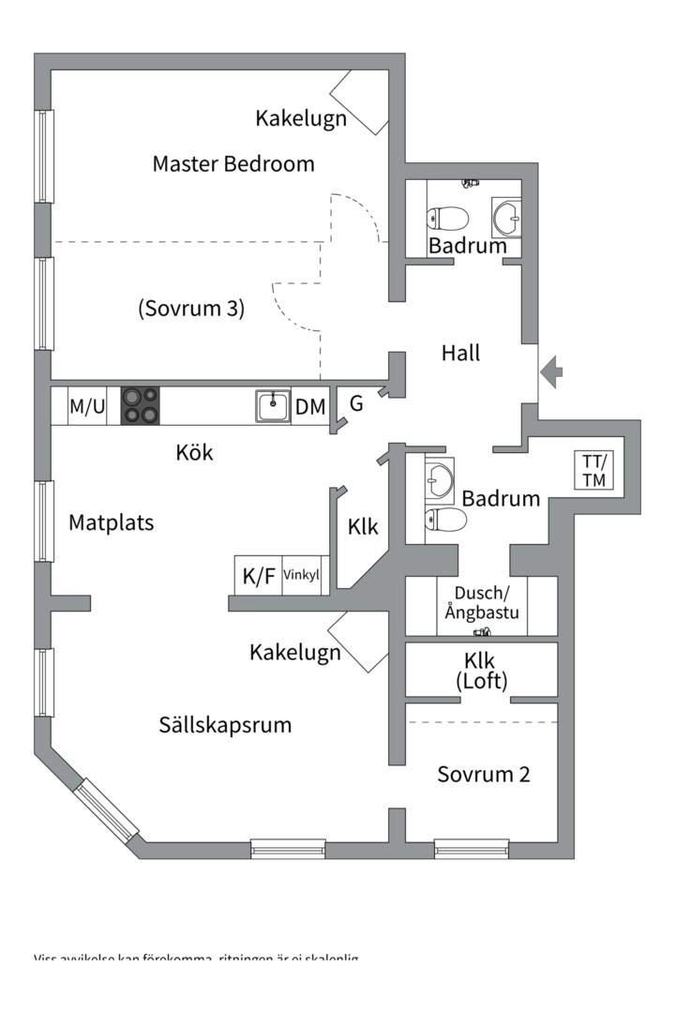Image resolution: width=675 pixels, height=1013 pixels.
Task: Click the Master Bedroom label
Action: point(233,164)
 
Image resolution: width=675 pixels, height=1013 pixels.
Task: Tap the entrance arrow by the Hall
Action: point(552,372)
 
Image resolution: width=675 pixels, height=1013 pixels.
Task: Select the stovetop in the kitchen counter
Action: point(141,406)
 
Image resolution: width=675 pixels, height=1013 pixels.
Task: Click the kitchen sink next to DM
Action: point(273,407)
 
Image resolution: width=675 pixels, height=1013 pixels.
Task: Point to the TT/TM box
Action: point(594,471)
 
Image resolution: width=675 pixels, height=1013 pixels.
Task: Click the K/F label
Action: point(259,576)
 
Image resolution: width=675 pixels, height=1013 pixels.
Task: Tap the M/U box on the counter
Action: point(87,407)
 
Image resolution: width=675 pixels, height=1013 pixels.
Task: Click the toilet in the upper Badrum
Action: point(448,219)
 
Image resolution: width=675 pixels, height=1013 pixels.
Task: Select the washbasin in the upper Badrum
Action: point(507,218)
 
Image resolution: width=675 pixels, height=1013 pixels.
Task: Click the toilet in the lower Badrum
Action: point(445,521)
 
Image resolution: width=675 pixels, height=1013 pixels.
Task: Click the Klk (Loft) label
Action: point(481,671)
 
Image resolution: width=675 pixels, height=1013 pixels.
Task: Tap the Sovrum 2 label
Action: point(484,775)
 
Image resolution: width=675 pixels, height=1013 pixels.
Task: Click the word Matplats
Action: point(111,522)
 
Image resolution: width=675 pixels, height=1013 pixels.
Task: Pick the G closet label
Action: point(356,404)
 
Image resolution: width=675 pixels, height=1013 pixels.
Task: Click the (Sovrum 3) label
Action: point(191,308)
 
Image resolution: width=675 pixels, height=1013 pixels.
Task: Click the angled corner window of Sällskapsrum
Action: point(106,808)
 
